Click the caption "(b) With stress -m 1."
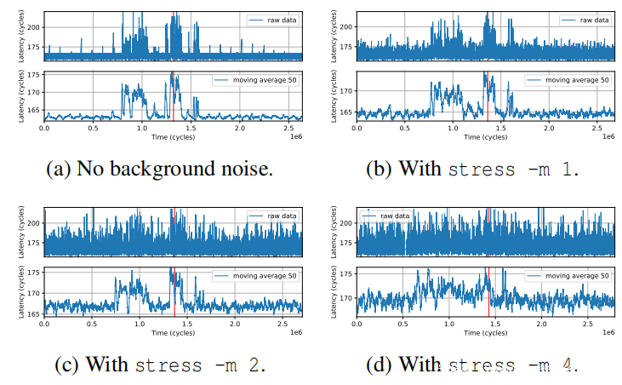[473, 169]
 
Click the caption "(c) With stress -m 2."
[160, 365]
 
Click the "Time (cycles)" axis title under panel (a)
[172, 136]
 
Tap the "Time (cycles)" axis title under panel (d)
[484, 333]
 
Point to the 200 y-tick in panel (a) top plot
[34, 26]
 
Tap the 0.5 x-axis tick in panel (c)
[93, 325]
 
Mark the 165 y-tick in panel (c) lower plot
[34, 314]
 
